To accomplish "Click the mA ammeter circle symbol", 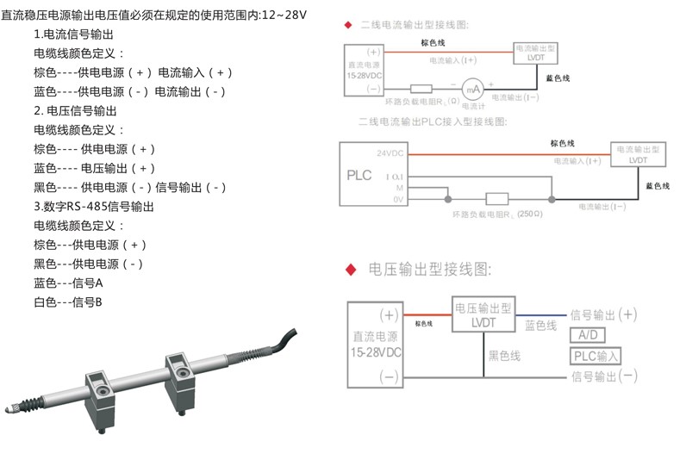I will (x=471, y=88).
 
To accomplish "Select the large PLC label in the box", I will (x=359, y=175).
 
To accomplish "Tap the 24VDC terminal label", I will (x=390, y=153).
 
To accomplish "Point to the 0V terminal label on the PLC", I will (x=398, y=200).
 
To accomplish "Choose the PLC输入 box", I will (x=596, y=356).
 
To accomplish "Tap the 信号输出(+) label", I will (x=603, y=314).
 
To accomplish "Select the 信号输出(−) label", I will (x=603, y=376).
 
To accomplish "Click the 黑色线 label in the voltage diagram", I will (x=505, y=355).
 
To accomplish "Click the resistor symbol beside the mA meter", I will (x=421, y=88).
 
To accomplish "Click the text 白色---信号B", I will (x=68, y=301).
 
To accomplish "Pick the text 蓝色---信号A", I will (x=68, y=283).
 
